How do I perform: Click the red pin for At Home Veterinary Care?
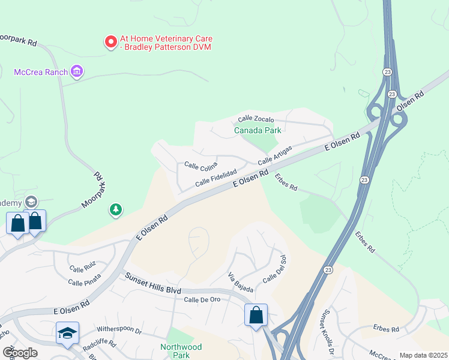(x=110, y=42)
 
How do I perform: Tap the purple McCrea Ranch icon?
(x=76, y=72)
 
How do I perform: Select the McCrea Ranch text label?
(x=40, y=72)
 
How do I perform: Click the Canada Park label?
(x=258, y=130)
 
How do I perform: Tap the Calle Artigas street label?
(x=275, y=155)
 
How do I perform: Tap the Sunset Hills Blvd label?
(x=152, y=283)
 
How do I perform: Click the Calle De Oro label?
(x=203, y=300)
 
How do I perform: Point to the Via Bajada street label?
(x=240, y=282)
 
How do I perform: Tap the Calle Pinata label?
(x=84, y=282)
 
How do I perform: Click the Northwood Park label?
(x=181, y=351)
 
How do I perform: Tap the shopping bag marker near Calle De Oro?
(x=256, y=315)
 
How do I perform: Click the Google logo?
(x=20, y=353)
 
